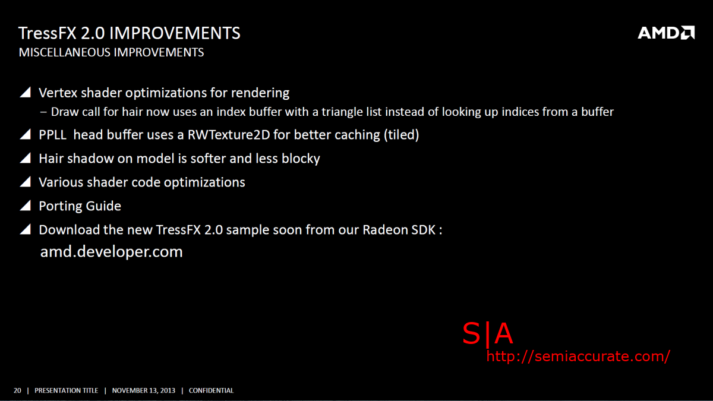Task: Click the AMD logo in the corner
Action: [x=666, y=33]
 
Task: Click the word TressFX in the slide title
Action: [x=48, y=33]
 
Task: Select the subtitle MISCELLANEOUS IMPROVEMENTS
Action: [x=111, y=52]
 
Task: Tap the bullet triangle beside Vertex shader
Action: [x=26, y=92]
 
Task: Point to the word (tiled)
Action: [x=401, y=135]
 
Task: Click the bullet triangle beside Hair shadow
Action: [x=26, y=158]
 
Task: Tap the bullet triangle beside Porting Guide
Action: [x=26, y=206]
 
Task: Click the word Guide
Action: [x=103, y=206]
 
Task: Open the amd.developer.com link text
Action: [x=112, y=251]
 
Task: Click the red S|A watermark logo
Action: [x=488, y=333]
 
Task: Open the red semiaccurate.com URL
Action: [x=578, y=356]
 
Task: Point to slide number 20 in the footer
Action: [x=17, y=390]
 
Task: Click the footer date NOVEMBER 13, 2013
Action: [x=144, y=390]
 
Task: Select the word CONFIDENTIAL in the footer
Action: [x=211, y=390]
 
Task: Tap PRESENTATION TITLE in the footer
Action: [x=66, y=390]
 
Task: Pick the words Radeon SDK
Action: [x=399, y=230]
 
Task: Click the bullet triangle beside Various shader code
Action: [x=26, y=181]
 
